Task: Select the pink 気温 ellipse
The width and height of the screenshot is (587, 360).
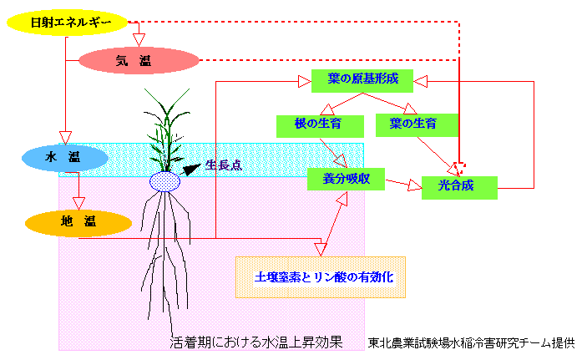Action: pyautogui.click(x=139, y=60)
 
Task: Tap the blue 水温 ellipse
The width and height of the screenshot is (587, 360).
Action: pyautogui.click(x=64, y=158)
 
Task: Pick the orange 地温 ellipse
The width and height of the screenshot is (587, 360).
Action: pyautogui.click(x=78, y=222)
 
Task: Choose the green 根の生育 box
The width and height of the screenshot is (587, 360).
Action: pyautogui.click(x=320, y=125)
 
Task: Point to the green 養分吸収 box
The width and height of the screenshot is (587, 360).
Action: pyautogui.click(x=345, y=178)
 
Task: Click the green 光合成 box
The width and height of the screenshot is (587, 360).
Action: pyautogui.click(x=459, y=187)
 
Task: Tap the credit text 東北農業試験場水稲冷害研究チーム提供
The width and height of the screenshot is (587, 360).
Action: pyautogui.click(x=472, y=342)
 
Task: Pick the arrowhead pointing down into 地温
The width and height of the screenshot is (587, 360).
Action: pyautogui.click(x=78, y=203)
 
